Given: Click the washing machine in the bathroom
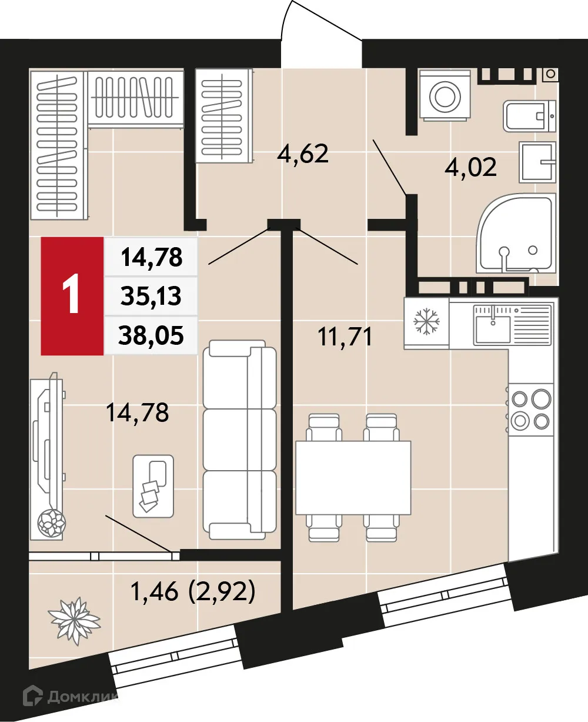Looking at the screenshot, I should [445, 95].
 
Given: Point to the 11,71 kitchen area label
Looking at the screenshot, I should [345, 337].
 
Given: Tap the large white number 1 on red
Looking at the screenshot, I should [72, 296].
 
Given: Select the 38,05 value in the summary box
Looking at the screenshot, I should [152, 335].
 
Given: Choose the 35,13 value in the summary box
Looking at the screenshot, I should [152, 297].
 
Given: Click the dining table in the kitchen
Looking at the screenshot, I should [352, 477].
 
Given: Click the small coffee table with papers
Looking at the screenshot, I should [153, 485].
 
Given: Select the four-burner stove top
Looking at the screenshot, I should [530, 410].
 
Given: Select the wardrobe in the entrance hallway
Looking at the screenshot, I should [223, 115].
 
